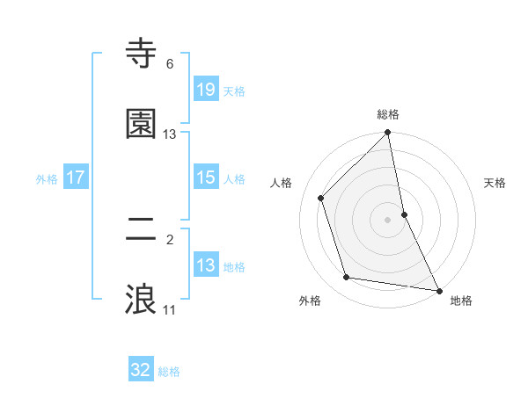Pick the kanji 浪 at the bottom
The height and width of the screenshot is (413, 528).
click(x=142, y=299)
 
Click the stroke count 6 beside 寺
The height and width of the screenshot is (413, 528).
click(x=170, y=64)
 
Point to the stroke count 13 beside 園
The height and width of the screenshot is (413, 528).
click(x=170, y=134)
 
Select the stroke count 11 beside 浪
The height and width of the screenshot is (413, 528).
click(x=170, y=309)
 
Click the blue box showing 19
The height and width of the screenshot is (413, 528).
click(x=205, y=89)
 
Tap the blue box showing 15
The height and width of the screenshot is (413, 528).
click(x=205, y=178)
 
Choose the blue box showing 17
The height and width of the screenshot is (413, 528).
click(x=76, y=178)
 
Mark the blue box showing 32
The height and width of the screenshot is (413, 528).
click(x=141, y=370)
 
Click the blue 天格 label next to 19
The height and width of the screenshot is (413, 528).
click(x=234, y=91)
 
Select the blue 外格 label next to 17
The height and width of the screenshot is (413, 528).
click(x=47, y=179)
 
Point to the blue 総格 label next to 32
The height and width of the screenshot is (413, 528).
click(x=169, y=372)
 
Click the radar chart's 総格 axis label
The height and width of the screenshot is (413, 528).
click(x=388, y=114)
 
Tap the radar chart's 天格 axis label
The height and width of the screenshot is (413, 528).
click(x=495, y=183)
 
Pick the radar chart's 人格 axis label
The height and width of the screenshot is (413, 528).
click(x=282, y=183)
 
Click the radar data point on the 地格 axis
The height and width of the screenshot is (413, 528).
click(x=438, y=290)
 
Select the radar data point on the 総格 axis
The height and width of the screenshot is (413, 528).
click(x=388, y=133)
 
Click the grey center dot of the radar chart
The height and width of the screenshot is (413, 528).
click(x=388, y=220)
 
